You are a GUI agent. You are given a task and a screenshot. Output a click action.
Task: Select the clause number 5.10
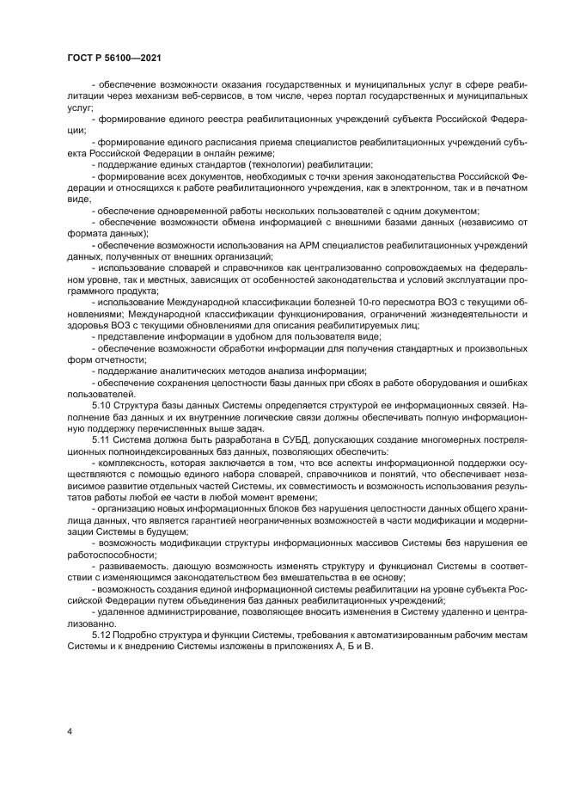103,402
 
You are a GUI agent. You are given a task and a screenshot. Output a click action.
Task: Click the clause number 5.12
103,635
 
